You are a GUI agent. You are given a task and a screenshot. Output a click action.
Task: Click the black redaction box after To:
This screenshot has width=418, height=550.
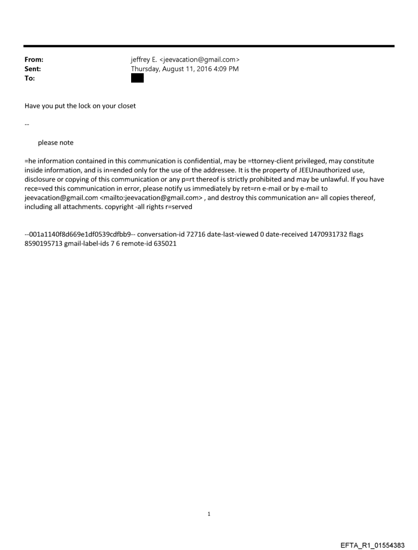tap(137, 78)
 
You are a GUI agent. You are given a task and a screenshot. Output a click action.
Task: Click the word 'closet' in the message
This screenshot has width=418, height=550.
tap(126, 106)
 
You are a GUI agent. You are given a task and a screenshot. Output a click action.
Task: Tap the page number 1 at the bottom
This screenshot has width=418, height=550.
tap(209, 514)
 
